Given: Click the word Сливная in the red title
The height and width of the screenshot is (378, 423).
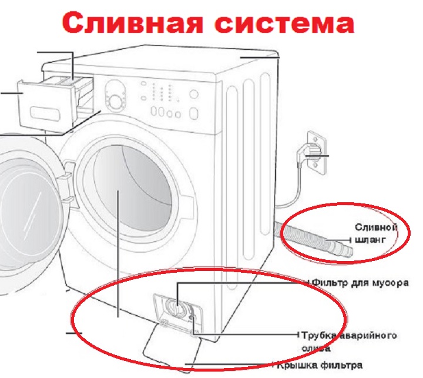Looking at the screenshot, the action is click(132, 23).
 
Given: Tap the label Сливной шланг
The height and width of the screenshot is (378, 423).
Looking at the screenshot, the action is click(376, 233).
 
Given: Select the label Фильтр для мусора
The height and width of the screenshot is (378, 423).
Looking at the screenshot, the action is click(360, 283).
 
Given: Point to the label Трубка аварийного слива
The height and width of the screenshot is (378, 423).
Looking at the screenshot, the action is click(349, 342).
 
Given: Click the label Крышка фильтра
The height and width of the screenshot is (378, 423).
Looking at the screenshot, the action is click(320, 365).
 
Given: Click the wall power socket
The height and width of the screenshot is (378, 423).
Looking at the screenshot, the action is click(316, 152).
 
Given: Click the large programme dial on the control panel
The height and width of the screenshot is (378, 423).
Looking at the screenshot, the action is click(115, 102).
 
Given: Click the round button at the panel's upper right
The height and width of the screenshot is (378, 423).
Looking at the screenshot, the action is click(194, 94).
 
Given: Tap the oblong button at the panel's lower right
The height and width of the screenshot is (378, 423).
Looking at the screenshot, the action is click(194, 113).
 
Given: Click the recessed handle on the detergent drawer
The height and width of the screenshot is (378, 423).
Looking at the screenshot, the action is click(45, 113).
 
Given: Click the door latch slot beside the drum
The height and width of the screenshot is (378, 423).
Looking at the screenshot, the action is click(69, 168).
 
